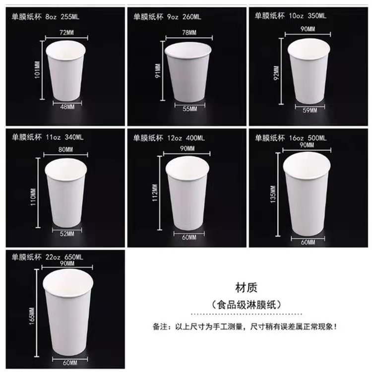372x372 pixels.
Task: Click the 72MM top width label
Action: click(66, 33)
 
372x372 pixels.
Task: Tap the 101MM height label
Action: click(38, 70)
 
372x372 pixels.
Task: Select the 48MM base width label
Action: click(67, 107)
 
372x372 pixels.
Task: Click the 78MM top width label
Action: click(189, 33)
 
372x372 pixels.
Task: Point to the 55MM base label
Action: click(190, 109)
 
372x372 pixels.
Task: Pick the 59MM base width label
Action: click(310, 110)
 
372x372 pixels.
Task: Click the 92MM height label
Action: click(276, 73)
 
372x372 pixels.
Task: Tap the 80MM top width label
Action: click(65, 150)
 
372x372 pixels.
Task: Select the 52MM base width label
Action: click(67, 234)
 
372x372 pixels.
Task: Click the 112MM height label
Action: click(155, 193)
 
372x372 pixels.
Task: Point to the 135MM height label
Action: click(273, 194)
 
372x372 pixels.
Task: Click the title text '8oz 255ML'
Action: click(62, 17)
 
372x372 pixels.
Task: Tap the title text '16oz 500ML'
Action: click(308, 138)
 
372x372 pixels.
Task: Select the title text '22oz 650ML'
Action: click(64, 257)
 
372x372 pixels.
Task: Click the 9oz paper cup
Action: click(188, 72)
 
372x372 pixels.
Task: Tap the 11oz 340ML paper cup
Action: click(66, 193)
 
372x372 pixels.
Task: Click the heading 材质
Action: click(246, 288)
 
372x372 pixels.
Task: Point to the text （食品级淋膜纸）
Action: click(246, 305)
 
